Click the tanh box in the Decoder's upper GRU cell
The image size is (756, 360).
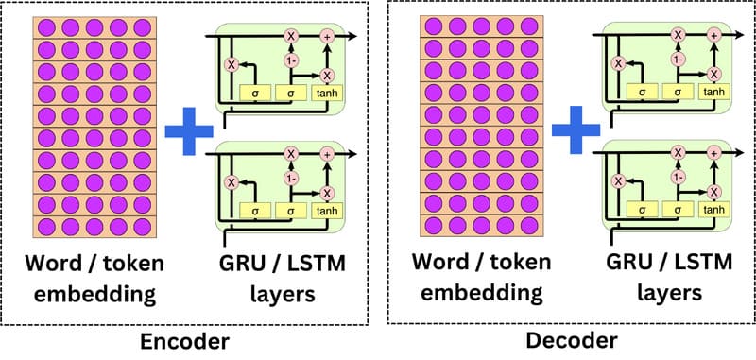715,93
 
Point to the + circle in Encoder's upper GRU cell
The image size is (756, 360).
327,36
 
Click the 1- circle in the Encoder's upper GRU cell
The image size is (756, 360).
291,59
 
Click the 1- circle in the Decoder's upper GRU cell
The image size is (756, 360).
678,59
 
